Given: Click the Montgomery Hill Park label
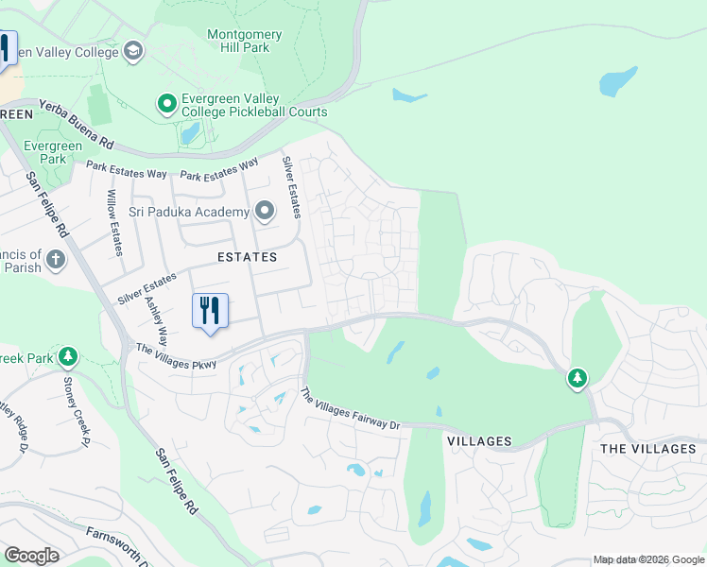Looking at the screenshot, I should tap(244, 42).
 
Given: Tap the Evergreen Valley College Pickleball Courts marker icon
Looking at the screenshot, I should tap(167, 102).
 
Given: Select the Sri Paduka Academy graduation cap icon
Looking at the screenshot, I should tap(264, 211).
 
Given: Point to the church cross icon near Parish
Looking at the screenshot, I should tap(56, 259).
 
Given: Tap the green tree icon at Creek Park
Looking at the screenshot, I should tap(67, 356).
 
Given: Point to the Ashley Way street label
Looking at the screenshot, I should tap(156, 321).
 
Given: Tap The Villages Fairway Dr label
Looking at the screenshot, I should tap(351, 409).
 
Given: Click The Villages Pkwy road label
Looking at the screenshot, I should tap(176, 356).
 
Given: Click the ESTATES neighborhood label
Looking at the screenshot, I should tap(247, 257).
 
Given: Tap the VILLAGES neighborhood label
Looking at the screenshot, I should tap(479, 441).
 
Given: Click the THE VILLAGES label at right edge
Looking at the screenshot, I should tap(647, 449).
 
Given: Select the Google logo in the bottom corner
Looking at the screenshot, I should tap(31, 556).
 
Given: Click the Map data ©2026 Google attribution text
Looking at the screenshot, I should tap(647, 559).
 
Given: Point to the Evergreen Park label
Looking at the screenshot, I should tap(53, 152).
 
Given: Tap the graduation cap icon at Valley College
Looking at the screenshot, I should tap(133, 51).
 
